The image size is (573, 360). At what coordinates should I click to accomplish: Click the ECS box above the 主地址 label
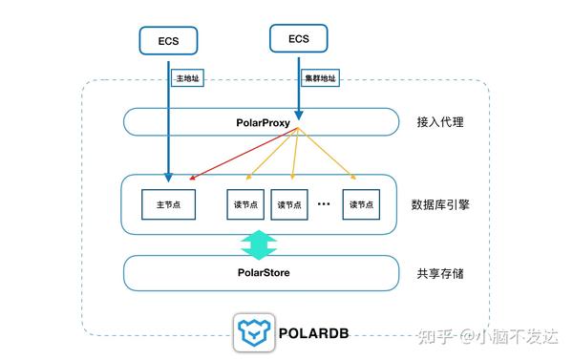167,42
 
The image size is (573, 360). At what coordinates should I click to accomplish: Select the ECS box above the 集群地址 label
299,38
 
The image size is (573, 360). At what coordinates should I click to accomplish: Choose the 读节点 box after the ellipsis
363,203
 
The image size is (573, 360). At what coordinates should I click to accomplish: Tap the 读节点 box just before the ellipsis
292,203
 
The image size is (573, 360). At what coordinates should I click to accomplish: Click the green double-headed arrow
260,244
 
